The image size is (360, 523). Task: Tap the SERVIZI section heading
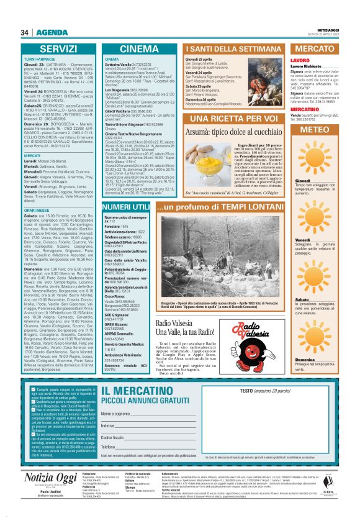coord(58,48)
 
